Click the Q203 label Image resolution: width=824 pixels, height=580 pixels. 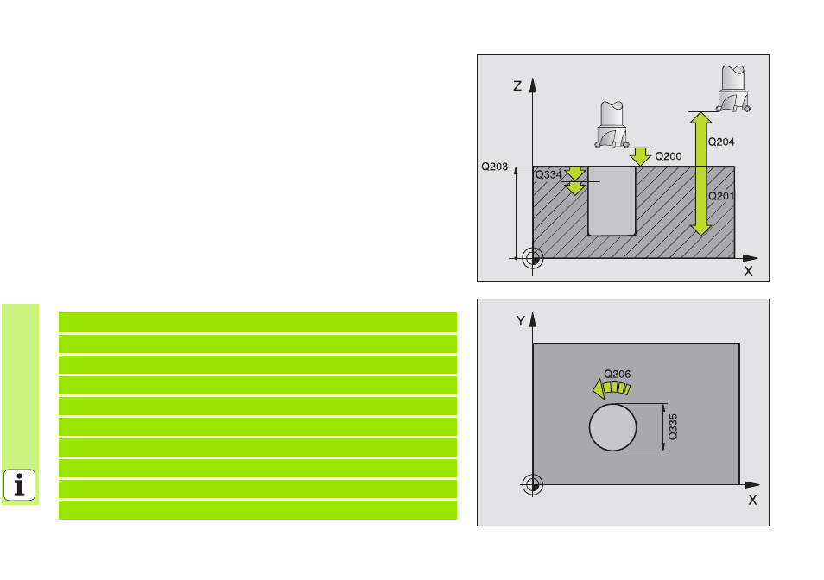[495, 167]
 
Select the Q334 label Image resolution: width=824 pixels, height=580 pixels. [548, 174]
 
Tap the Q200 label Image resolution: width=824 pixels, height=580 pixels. [668, 156]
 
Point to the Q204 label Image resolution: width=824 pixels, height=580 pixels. [721, 142]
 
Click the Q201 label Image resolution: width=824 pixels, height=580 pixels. [721, 196]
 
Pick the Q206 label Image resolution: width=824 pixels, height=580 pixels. [617, 374]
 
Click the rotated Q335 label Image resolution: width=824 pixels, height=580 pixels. [673, 426]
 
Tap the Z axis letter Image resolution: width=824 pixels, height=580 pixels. [517, 86]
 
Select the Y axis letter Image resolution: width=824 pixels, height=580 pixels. [520, 321]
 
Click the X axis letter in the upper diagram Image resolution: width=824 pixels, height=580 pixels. [748, 271]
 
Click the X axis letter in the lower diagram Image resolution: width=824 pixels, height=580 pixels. [752, 501]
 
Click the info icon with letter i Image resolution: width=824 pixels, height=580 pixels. [20, 484]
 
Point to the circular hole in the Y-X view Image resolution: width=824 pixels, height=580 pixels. [612, 427]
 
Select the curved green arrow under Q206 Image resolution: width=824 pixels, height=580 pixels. [612, 389]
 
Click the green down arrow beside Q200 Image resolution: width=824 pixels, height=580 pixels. [640, 156]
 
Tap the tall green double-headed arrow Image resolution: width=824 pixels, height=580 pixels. [700, 173]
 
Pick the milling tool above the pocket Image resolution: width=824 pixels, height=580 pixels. [612, 124]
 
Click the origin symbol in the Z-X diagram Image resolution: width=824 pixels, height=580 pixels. [532, 258]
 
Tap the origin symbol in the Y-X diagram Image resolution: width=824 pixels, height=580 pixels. [532, 485]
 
